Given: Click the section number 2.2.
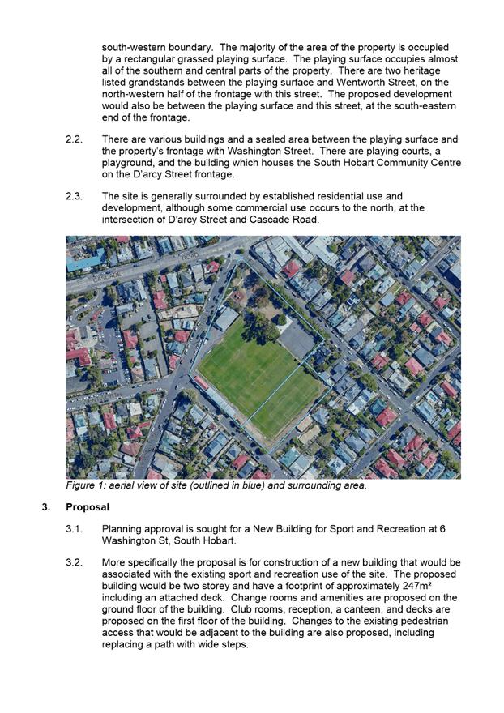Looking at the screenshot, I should tap(74, 140).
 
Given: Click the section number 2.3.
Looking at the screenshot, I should tap(74, 196).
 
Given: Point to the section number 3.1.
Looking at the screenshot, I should tap(74, 529).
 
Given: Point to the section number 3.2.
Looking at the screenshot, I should tap(74, 562).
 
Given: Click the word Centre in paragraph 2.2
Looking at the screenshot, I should tap(445, 163).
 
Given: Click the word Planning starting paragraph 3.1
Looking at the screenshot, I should tap(123, 529).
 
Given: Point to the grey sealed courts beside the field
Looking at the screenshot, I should tap(298, 340).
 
